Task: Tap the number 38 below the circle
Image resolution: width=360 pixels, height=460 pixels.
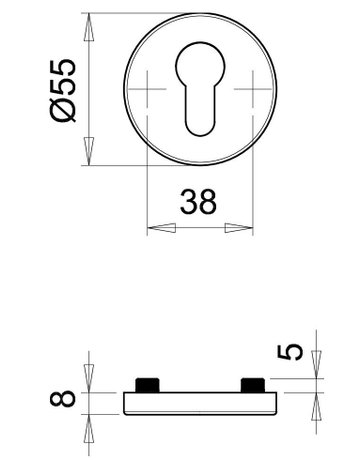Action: [199, 203]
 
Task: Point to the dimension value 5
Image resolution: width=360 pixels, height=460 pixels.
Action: [291, 352]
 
